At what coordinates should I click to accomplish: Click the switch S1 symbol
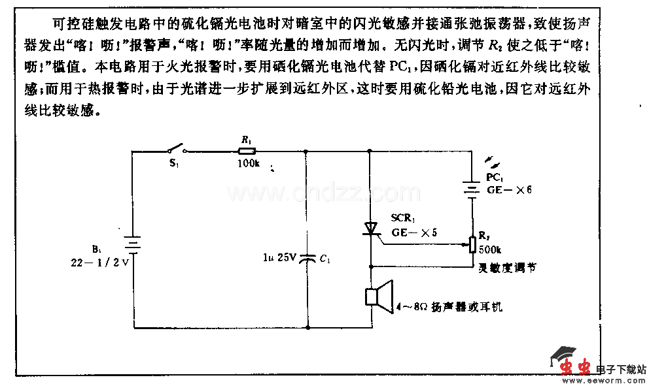point(173,150)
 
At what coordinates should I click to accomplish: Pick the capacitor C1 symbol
point(306,259)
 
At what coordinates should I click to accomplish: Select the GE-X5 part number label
point(413,231)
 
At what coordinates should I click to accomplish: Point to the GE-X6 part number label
point(509,189)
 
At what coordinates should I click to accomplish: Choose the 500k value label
point(489,249)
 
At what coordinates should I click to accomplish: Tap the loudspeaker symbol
point(379,297)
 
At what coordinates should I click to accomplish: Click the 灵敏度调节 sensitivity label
point(507,267)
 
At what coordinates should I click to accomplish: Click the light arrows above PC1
point(491,161)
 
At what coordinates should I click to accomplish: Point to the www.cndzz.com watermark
point(314,193)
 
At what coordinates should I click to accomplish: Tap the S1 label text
point(173,163)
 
